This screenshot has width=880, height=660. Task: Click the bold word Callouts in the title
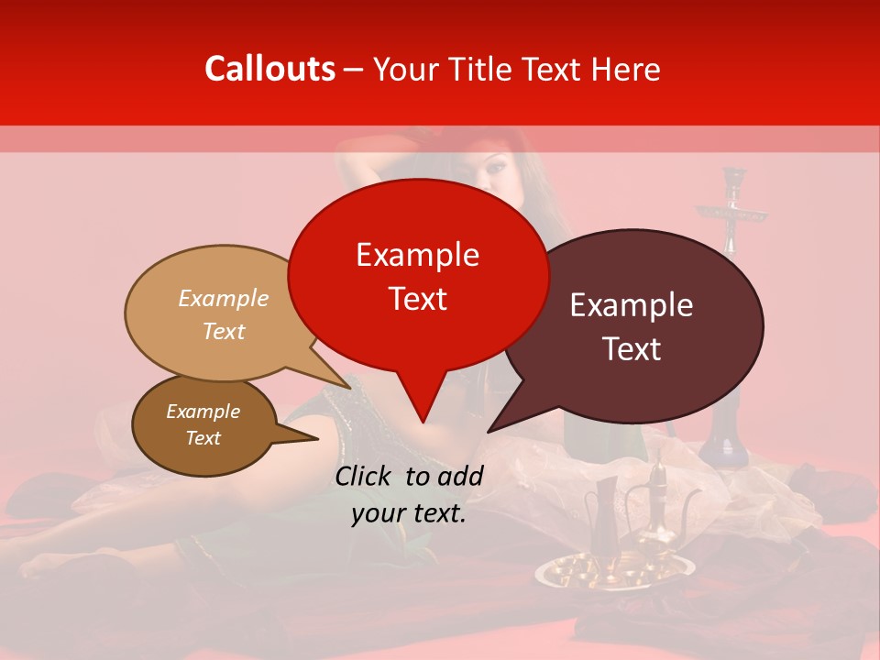coord(269,69)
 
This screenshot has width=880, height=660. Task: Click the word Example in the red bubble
coord(417,255)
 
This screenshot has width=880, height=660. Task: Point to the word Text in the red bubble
coord(417,299)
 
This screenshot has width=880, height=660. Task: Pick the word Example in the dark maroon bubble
coord(632,305)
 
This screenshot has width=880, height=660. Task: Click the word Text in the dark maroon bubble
coord(632,349)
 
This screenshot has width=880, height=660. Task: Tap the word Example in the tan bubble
coord(224,299)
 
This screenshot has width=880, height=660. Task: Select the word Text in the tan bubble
coord(224,332)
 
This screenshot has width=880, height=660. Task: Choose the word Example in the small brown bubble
coord(203,412)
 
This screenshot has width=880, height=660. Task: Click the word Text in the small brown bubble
coord(203,438)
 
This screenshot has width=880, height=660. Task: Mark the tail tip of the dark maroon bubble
coord(489,431)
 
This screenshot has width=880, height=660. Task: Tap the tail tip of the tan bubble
coord(349,388)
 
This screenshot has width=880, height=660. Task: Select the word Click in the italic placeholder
coord(366,476)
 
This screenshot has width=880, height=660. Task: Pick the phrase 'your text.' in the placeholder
coord(409,514)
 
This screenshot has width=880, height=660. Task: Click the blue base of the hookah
coord(724,431)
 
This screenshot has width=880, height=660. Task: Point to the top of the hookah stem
coord(732,174)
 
